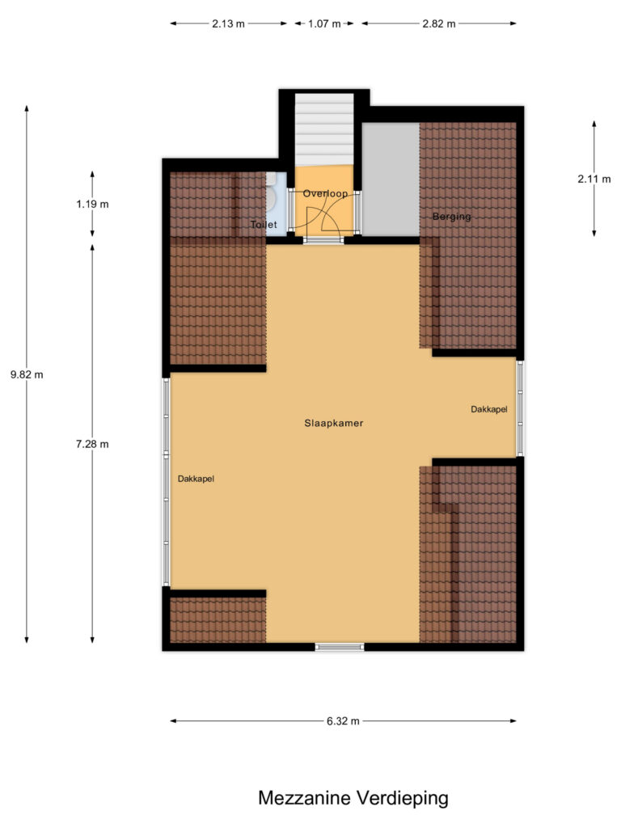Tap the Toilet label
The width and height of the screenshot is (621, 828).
(264, 225)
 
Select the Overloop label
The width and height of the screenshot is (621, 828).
(325, 194)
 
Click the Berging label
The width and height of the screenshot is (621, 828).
(451, 217)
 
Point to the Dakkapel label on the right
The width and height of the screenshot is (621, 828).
(489, 410)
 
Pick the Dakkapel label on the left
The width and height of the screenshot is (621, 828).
(196, 479)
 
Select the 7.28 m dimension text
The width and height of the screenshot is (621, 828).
(92, 443)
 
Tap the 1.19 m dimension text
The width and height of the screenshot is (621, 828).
(92, 205)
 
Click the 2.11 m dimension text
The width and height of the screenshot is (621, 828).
(594, 180)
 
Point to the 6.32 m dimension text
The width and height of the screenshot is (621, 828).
(343, 721)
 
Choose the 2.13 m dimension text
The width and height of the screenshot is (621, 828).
(228, 23)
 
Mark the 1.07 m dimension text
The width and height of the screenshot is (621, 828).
(324, 23)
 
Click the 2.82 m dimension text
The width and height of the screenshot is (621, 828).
(439, 23)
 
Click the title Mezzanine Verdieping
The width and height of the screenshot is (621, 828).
(353, 798)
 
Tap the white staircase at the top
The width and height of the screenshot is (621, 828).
(324, 129)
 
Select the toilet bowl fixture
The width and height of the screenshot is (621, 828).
(272, 198)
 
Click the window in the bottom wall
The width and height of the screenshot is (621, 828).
(340, 646)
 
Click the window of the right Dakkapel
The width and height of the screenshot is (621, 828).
(520, 408)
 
